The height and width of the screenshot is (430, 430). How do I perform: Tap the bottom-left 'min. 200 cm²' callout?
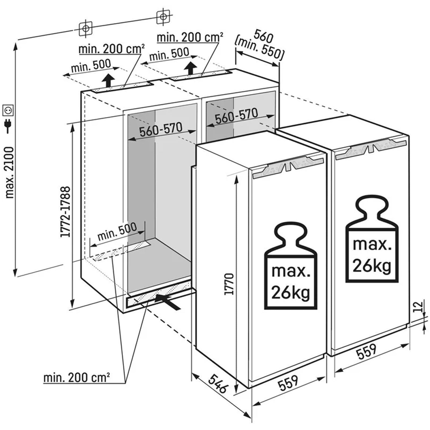77,378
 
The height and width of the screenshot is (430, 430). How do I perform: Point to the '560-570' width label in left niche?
161,130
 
